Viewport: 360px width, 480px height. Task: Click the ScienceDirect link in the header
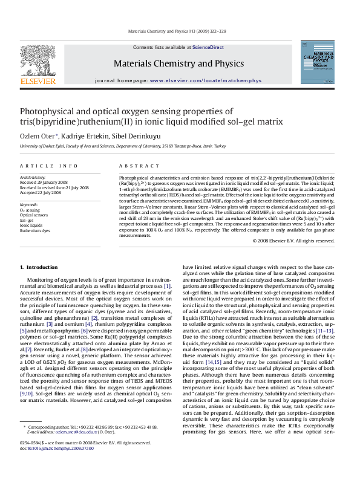tap(208, 47)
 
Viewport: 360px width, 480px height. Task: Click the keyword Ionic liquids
tap(33, 225)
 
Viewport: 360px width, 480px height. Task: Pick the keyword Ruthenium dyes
tap(35, 230)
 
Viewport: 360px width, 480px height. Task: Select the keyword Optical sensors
tap(35, 215)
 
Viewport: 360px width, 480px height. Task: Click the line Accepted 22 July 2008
tap(42, 192)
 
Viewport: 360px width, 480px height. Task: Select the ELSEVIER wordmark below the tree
tap(38, 80)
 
